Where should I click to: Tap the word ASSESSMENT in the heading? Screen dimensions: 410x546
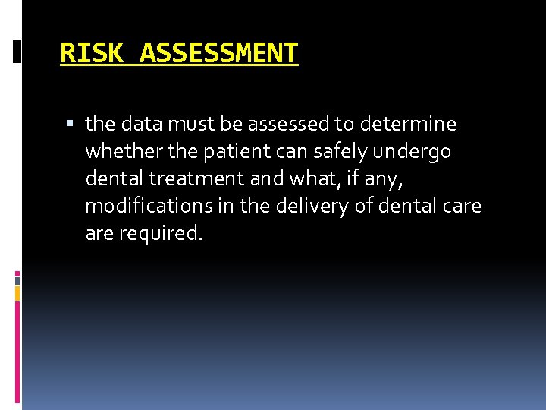(219, 53)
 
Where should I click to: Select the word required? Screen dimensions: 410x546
(161, 233)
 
